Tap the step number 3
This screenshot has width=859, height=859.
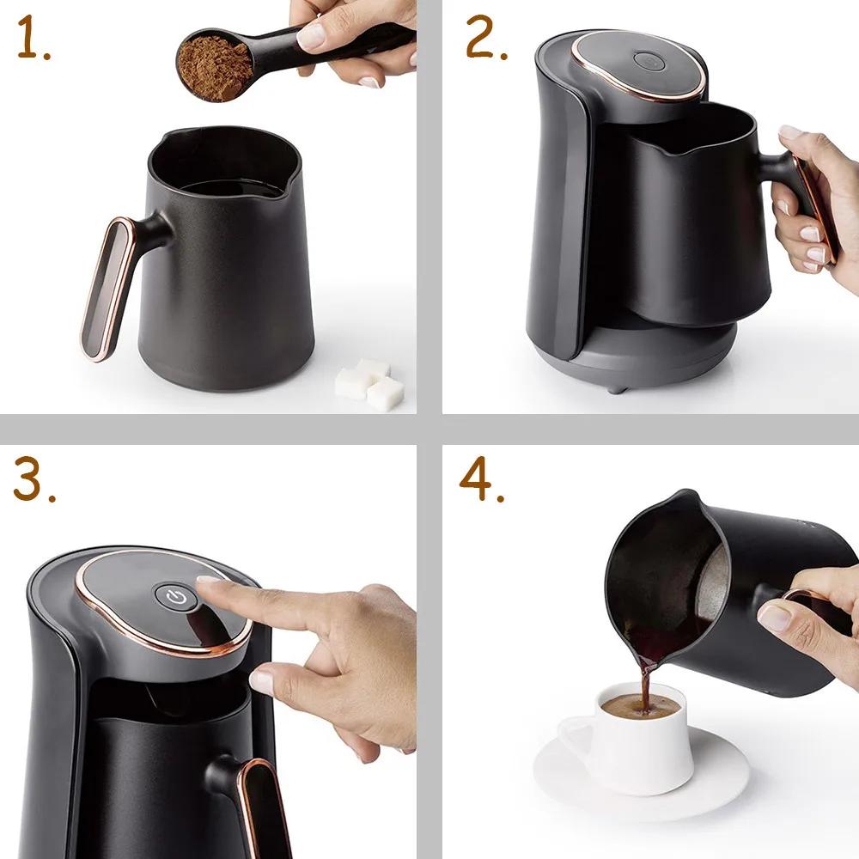coord(33,483)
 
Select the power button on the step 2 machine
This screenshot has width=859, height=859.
coord(647,61)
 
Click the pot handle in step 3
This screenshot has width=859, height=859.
coord(258,799)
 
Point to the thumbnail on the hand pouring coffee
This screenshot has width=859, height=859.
coord(773,617)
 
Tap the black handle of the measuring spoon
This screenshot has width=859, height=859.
coord(361,43)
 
